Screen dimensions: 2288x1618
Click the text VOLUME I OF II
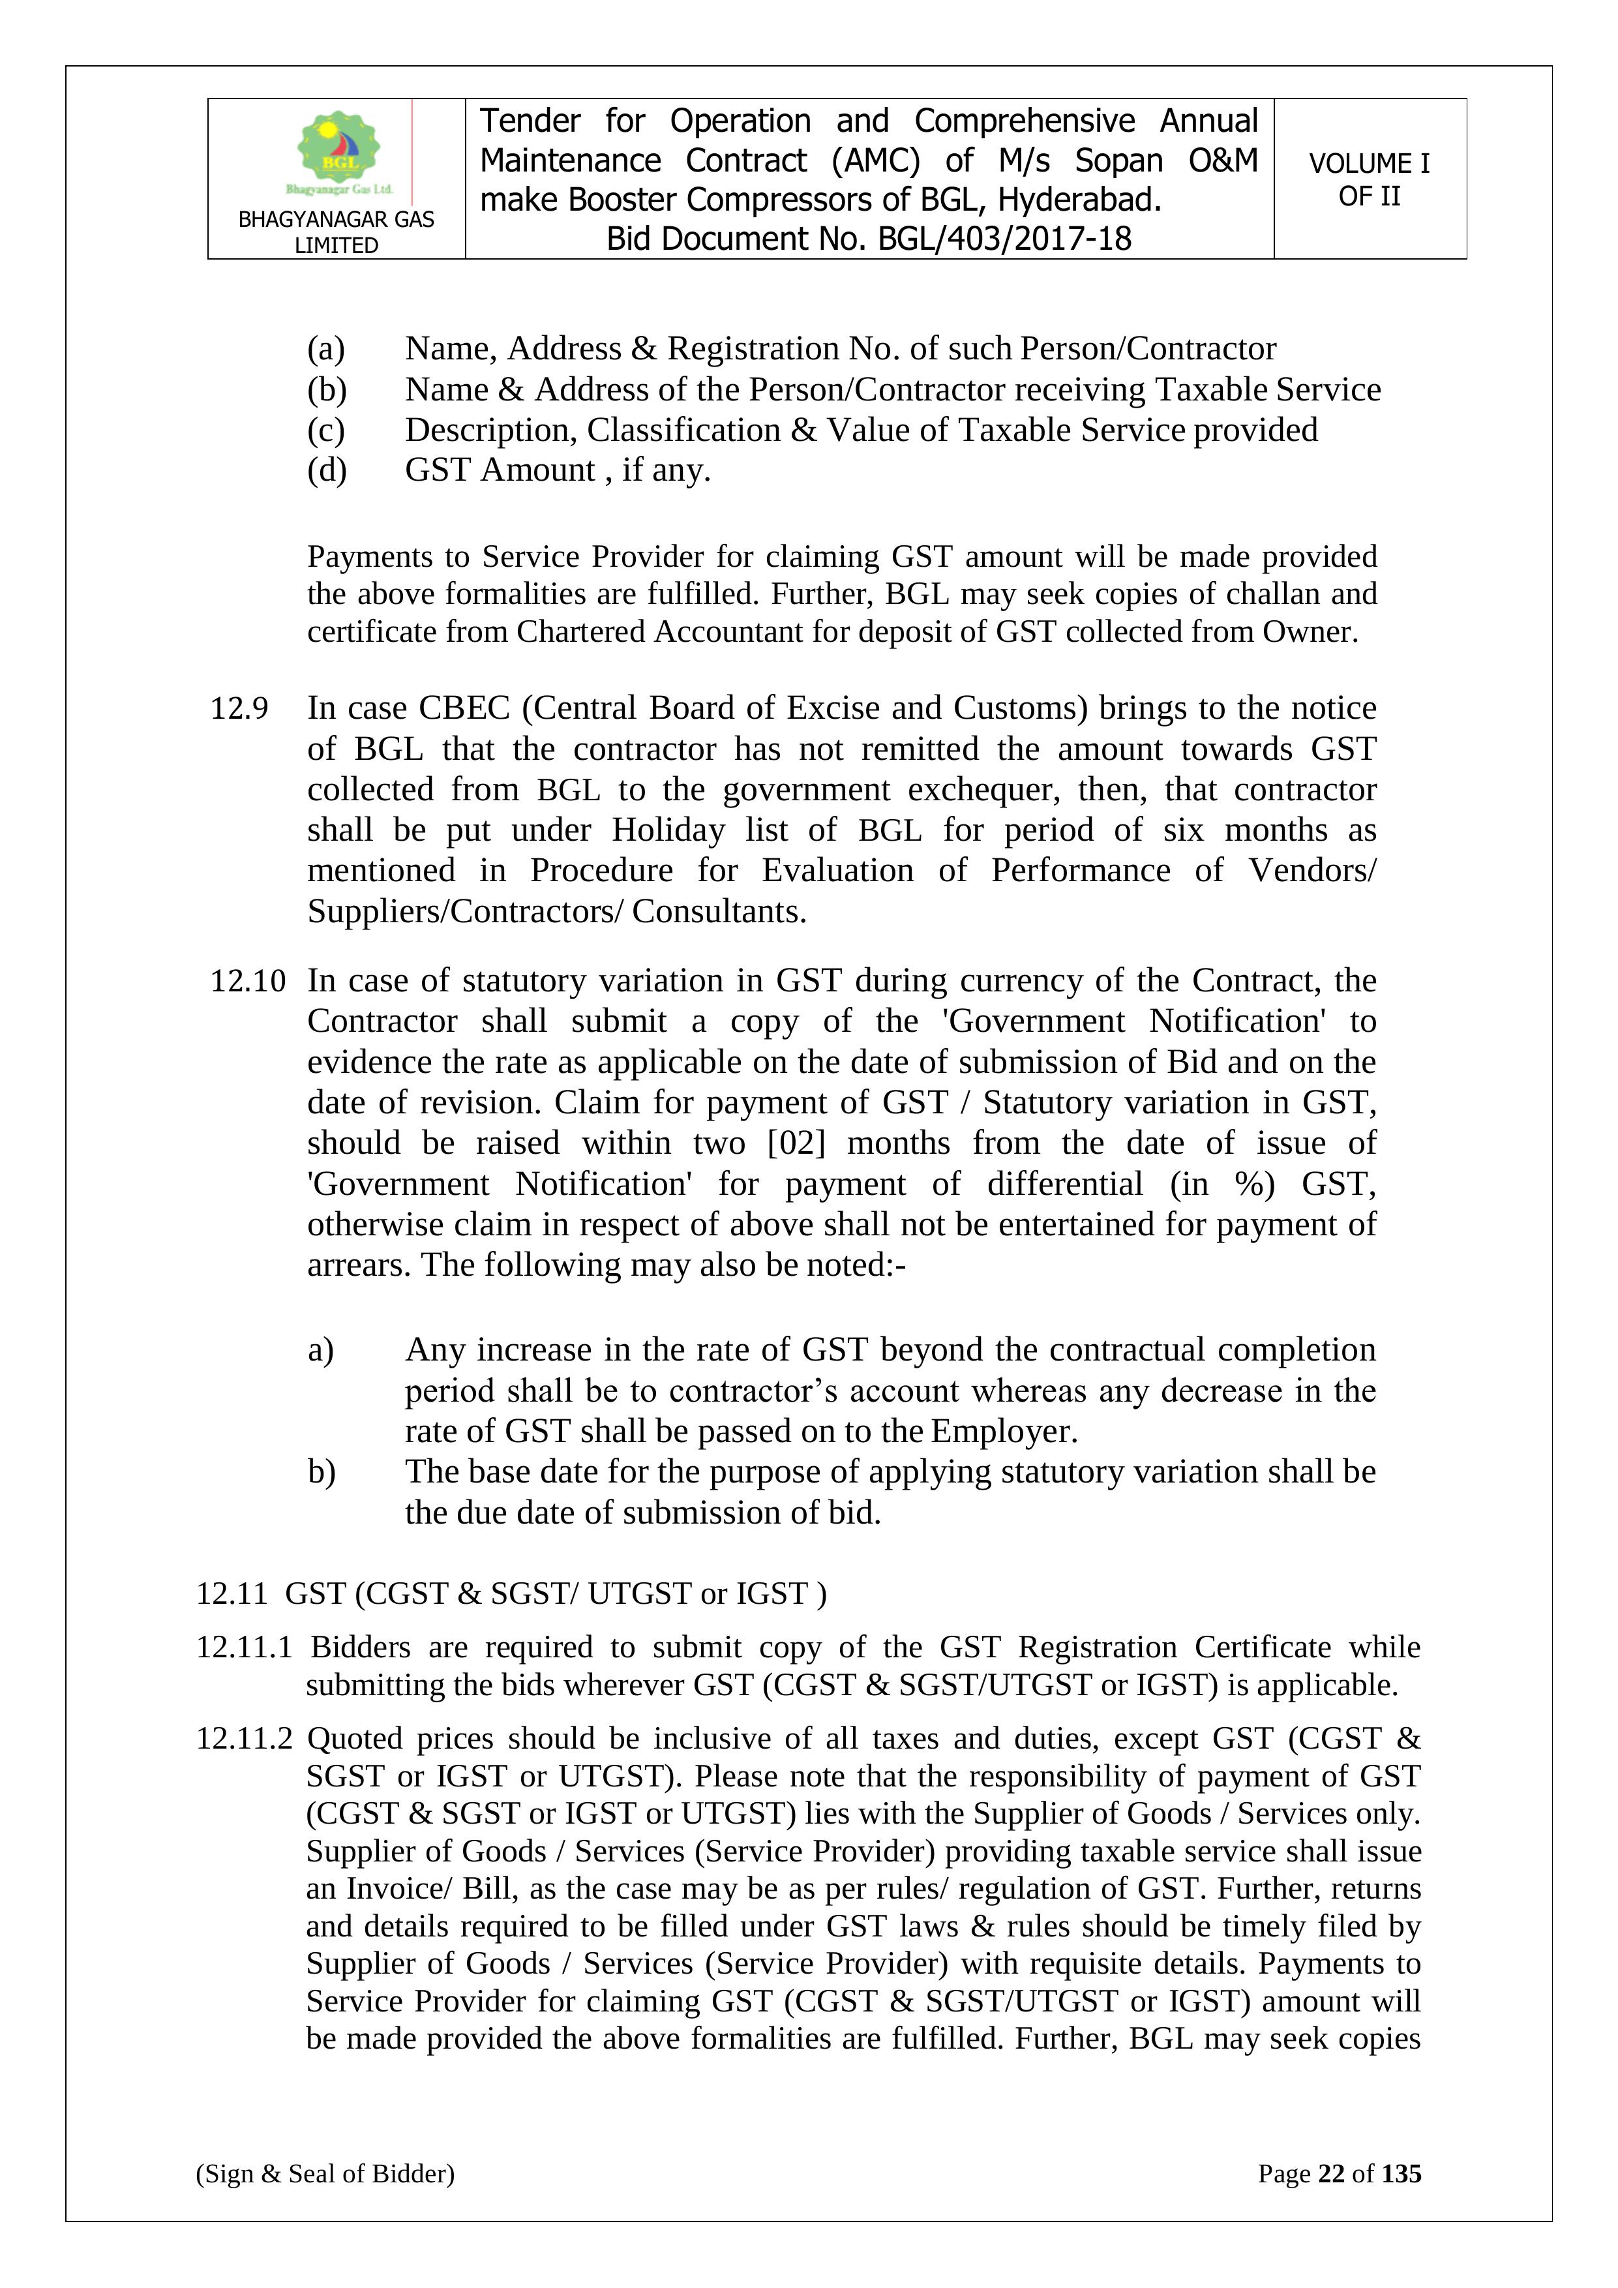[1369, 179]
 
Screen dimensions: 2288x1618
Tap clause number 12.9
[239, 708]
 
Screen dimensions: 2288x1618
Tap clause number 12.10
[247, 980]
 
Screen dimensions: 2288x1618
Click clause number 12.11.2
[244, 1739]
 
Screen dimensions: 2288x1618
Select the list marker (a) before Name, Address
[326, 349]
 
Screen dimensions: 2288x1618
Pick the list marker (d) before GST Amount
[327, 470]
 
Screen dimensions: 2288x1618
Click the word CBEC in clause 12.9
[464, 708]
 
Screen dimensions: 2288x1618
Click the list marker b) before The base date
[322, 1472]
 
